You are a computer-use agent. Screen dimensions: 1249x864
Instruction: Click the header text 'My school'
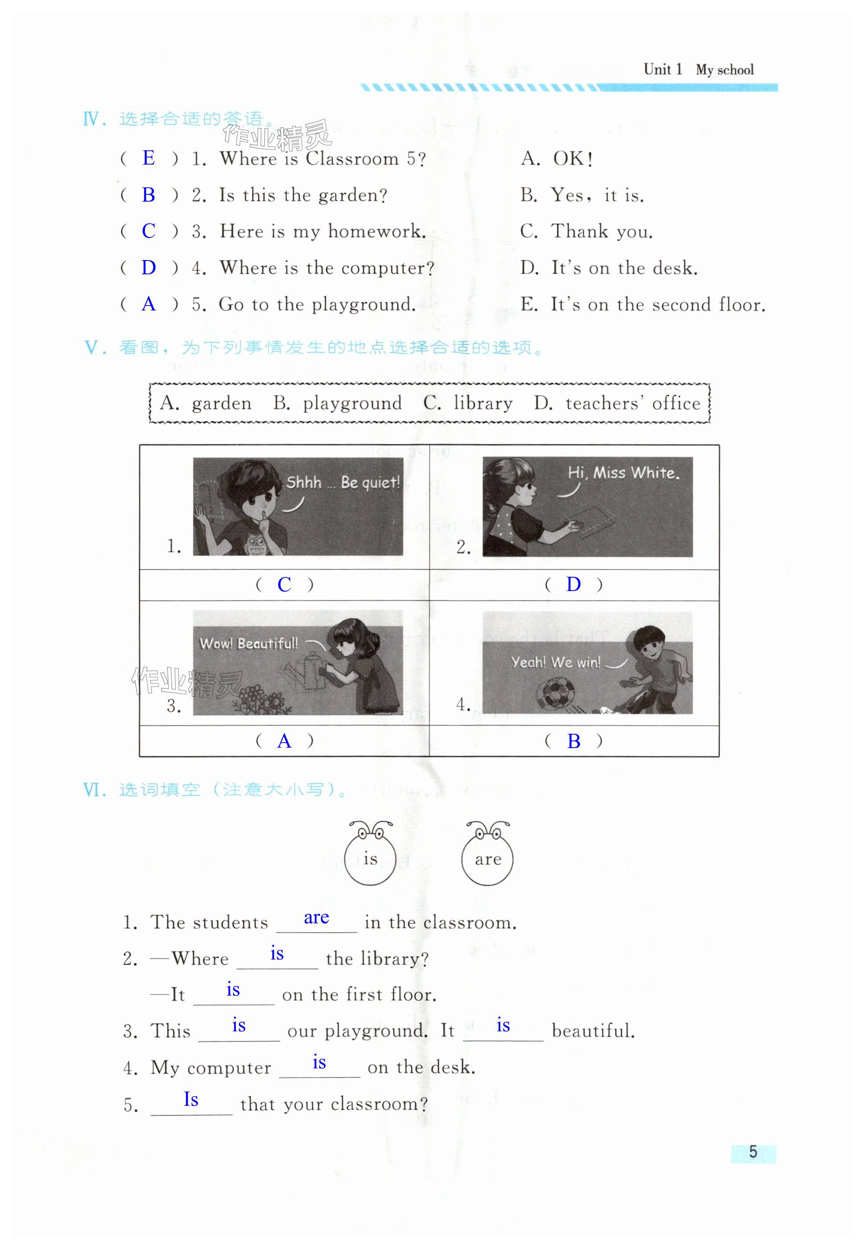[724, 70]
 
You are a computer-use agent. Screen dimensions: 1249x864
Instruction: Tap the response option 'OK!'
[573, 159]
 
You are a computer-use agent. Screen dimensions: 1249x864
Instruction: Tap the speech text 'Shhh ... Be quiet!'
[343, 482]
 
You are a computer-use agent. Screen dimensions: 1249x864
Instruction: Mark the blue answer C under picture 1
[284, 584]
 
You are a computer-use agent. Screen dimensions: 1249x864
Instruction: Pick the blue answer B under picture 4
[574, 741]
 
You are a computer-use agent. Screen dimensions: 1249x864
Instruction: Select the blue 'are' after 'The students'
[316, 918]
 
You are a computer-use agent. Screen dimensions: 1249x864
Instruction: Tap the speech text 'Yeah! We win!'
[555, 662]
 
